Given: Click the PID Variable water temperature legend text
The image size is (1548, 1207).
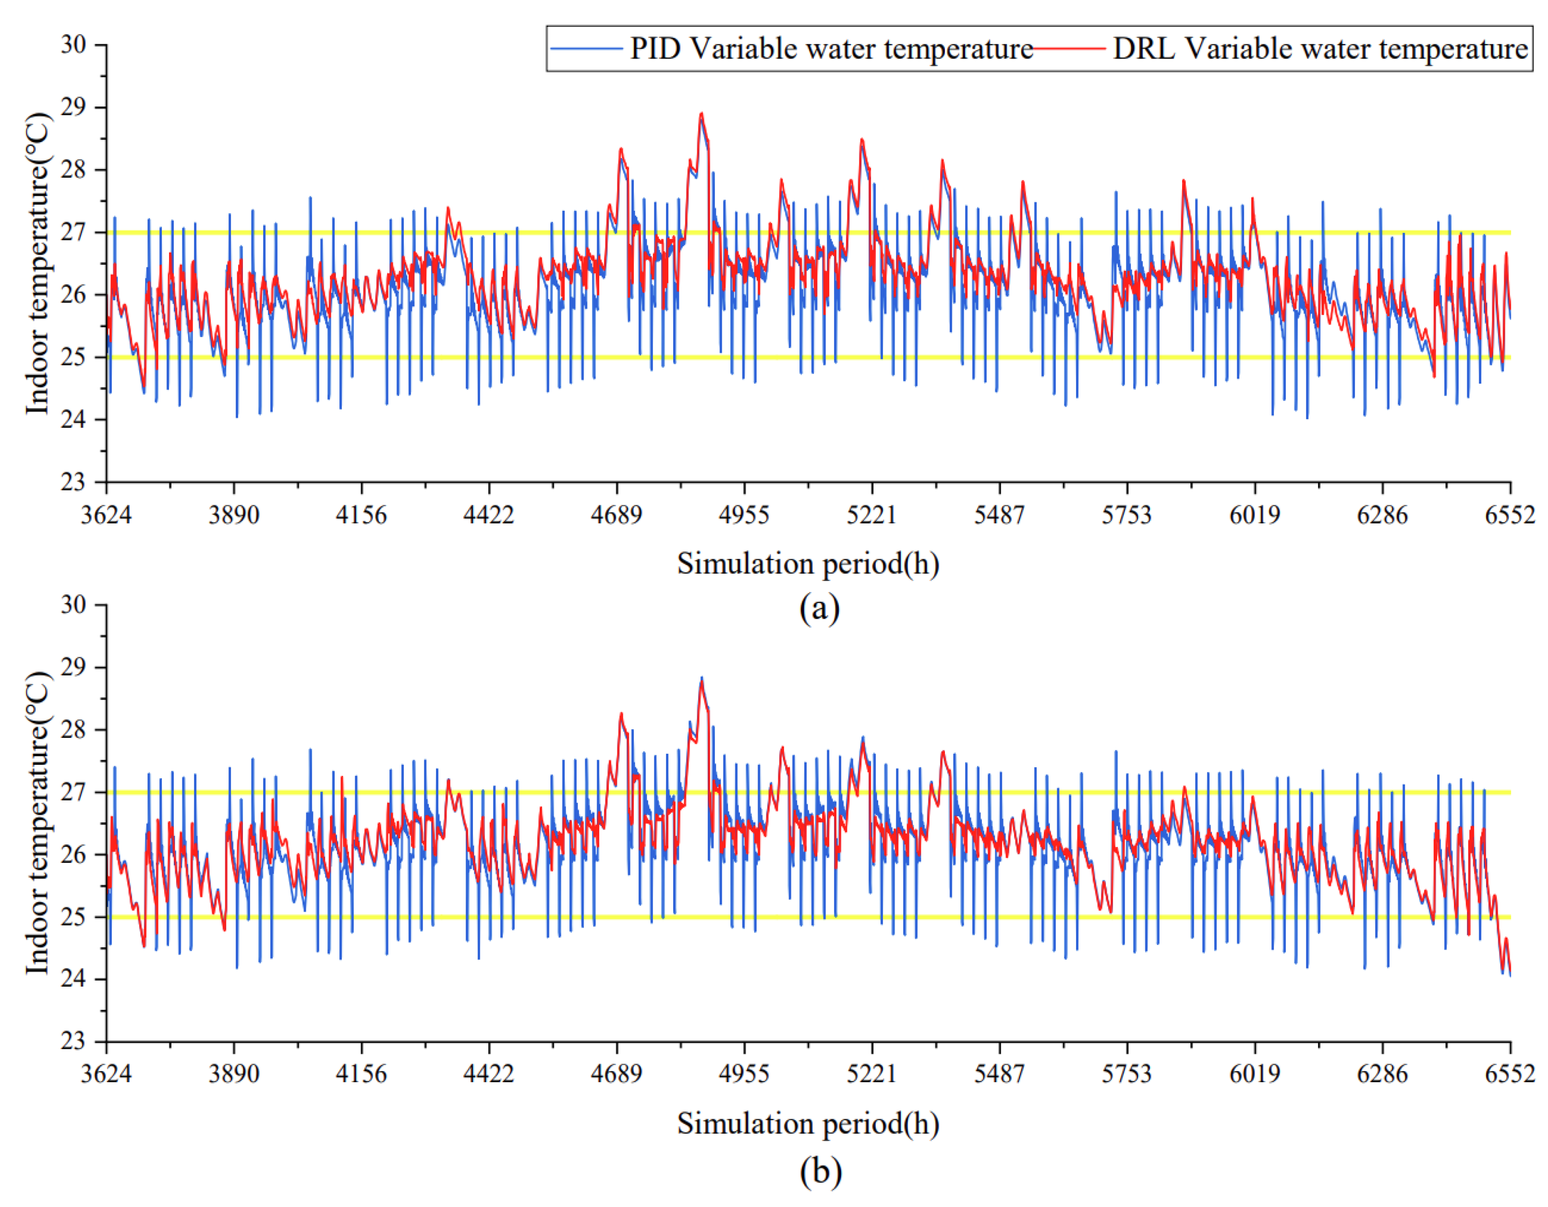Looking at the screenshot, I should (x=831, y=49).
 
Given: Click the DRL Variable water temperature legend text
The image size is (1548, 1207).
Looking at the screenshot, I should (x=1320, y=49).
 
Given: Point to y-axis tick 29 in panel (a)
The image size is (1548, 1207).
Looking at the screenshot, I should (x=73, y=108).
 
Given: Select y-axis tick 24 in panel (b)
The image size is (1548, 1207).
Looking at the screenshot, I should (x=73, y=979).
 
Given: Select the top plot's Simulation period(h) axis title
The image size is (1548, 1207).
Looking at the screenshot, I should (x=808, y=564).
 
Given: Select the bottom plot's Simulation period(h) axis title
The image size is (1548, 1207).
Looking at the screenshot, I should (x=808, y=1124).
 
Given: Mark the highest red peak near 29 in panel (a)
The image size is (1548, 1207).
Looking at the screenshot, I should (x=701, y=113).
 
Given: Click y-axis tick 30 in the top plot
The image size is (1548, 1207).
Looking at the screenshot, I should (x=73, y=45).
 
